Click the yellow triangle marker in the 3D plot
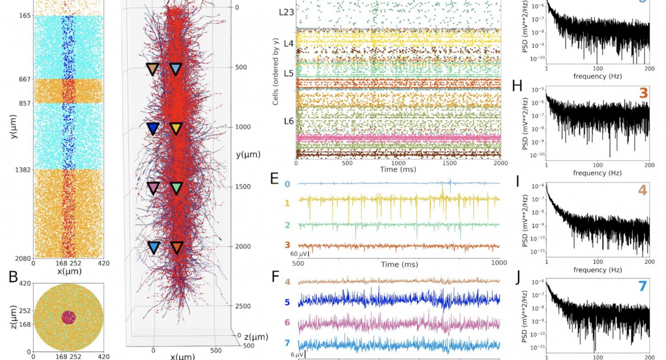coord(176,128)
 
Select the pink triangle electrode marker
coord(153,188)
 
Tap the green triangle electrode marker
coord(176,188)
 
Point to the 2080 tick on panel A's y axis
coord(23,259)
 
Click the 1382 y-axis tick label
coord(23,170)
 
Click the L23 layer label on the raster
coord(287,11)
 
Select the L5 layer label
coord(289,73)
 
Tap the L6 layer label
coord(289,121)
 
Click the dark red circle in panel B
coord(68,317)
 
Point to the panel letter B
coord(13,277)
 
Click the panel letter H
coord(517,85)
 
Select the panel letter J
coord(517,278)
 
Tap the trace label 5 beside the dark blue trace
coord(287,302)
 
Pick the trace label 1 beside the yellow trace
coord(287,203)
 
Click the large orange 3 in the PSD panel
coord(643,93)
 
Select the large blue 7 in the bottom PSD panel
coord(643,286)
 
